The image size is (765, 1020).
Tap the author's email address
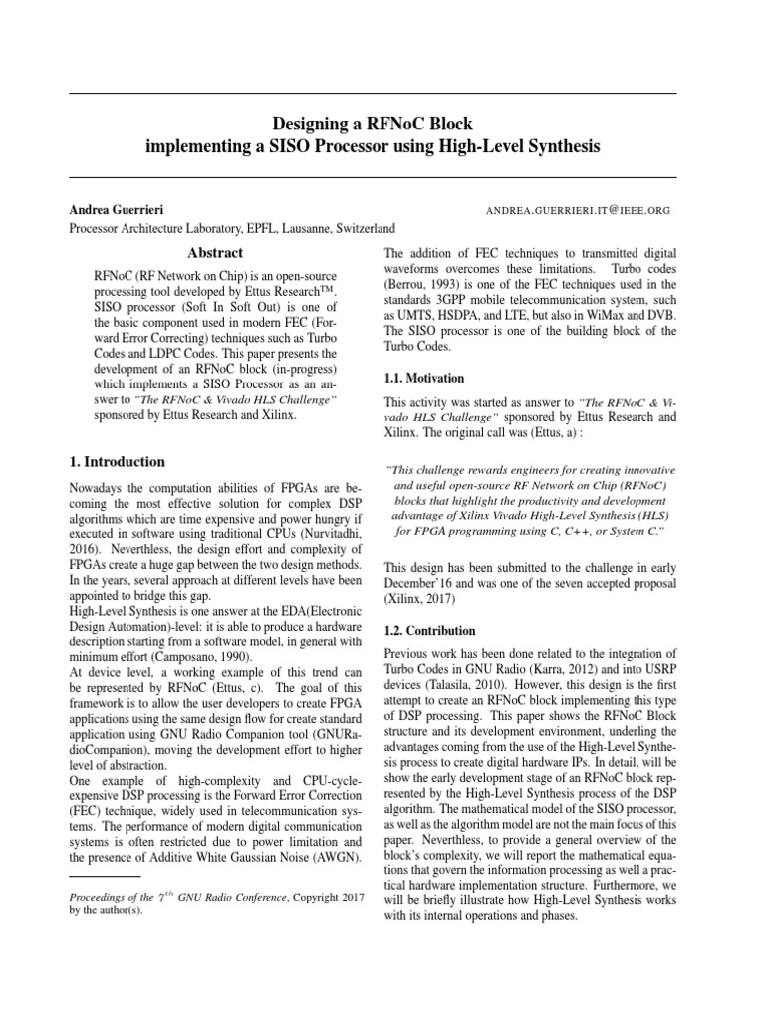(x=578, y=211)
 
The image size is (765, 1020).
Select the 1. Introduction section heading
(x=116, y=462)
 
